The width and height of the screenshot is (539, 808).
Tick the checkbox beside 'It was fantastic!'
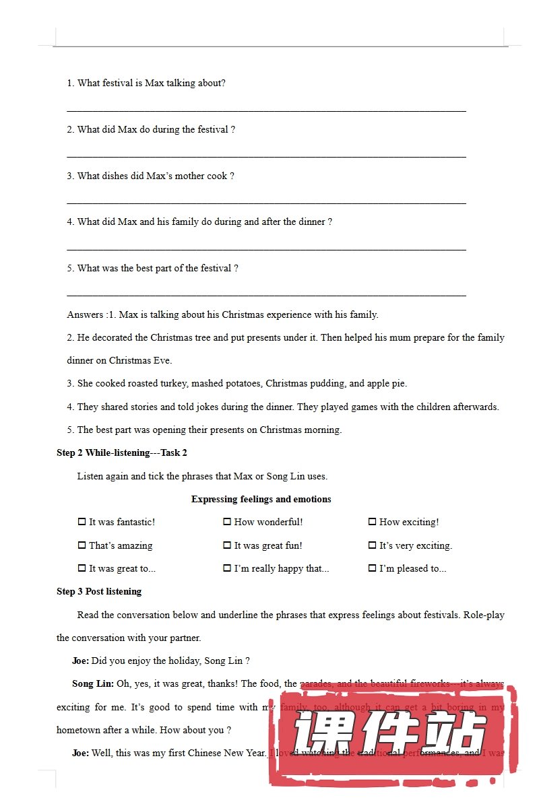(82, 522)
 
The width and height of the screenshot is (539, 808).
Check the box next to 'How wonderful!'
(227, 522)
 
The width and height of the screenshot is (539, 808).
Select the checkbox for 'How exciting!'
(372, 522)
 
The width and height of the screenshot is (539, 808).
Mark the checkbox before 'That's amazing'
(82, 545)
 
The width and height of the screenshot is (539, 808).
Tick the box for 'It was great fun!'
(227, 545)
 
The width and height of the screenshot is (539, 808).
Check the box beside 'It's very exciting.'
(372, 545)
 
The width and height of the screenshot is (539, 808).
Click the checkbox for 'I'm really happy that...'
(227, 568)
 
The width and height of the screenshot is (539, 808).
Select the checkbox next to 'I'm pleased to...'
(372, 568)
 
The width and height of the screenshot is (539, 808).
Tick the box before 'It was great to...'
(82, 568)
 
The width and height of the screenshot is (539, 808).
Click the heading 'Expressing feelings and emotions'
(261, 499)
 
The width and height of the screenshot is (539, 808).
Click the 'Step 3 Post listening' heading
(99, 591)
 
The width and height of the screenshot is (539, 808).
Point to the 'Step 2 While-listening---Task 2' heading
(122, 452)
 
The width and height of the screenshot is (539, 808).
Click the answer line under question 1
(266, 109)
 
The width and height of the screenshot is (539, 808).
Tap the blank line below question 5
(266, 294)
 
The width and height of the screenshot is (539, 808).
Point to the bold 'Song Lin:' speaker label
(93, 684)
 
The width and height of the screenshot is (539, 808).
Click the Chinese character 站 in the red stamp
(459, 737)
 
